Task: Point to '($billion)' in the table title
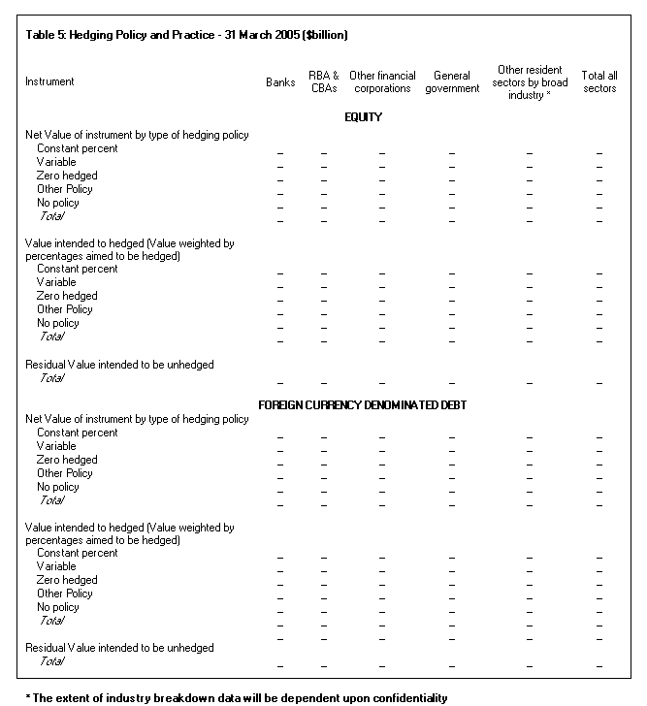click(325, 35)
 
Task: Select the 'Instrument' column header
click(49, 82)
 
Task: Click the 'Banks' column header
click(280, 82)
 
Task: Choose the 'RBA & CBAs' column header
click(323, 82)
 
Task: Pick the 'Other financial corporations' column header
click(382, 82)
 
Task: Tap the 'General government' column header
click(452, 82)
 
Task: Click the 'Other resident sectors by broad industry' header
click(532, 82)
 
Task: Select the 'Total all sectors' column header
click(599, 82)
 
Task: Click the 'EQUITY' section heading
click(363, 117)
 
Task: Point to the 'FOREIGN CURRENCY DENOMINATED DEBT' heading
click(363, 404)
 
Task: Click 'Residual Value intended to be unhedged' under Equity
click(119, 365)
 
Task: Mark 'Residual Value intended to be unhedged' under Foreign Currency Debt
click(119, 648)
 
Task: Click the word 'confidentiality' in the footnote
click(406, 697)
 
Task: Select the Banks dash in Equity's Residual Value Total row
click(280, 383)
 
